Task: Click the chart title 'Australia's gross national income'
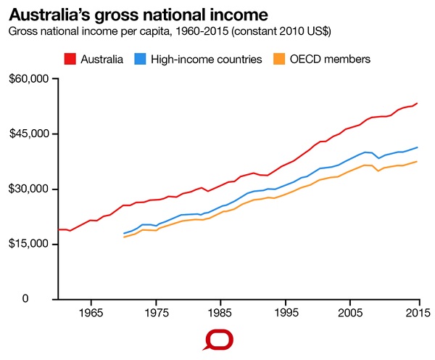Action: click(138, 14)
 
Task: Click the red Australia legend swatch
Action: click(71, 59)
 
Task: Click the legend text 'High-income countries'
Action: click(207, 59)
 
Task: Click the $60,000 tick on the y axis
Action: click(28, 78)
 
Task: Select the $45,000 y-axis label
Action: click(28, 134)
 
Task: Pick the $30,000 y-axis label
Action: click(28, 189)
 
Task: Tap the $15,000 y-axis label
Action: click(28, 244)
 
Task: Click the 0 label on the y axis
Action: click(44, 299)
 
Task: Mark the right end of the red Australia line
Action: click(417, 103)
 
